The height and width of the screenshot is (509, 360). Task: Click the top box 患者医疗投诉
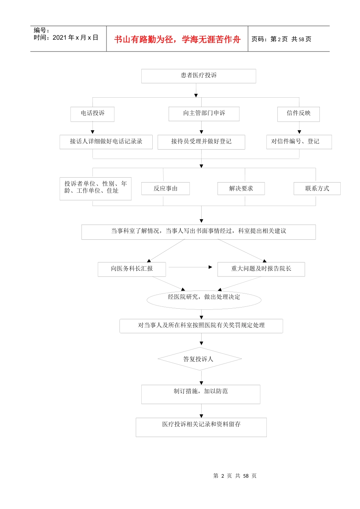pos(199,76)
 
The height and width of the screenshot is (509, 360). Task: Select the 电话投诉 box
pos(92,114)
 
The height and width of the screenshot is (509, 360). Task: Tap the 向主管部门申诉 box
pos(204,114)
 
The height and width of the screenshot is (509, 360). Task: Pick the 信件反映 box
pos(299,114)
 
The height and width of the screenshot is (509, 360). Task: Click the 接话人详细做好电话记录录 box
pos(106,142)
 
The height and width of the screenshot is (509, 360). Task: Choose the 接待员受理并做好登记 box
pos(201,142)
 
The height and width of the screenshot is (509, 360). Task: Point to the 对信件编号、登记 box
pos(299,142)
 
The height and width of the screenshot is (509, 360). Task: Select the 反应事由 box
pos(166,189)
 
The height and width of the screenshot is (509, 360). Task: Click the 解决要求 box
pos(241,189)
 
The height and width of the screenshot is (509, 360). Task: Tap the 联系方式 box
pos(317,189)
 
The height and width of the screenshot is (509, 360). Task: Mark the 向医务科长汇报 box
pos(132,269)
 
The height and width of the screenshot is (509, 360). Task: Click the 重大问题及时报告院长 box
pos(261,269)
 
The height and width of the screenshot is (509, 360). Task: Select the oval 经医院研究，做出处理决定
pos(204,299)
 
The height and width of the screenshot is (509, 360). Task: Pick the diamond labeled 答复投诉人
pos(200,359)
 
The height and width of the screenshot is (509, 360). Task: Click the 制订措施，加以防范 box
pos(201,394)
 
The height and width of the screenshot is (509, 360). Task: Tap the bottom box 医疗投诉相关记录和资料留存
pos(201,427)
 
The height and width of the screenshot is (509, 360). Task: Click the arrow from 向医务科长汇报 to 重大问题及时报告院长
pos(190,267)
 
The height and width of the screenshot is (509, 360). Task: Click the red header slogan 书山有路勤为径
pos(177,39)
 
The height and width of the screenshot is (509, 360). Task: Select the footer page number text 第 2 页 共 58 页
pos(235,476)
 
